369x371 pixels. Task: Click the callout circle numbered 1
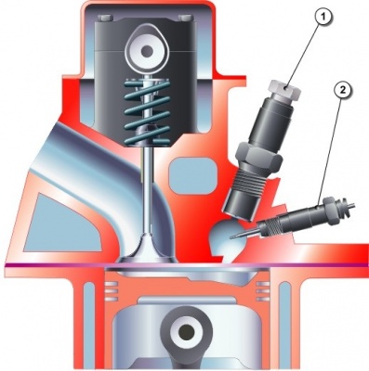coord(323,17)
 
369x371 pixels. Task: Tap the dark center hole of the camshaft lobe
coord(144,50)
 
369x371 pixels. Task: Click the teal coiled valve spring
coord(148,111)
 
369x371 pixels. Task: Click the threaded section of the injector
coord(250,183)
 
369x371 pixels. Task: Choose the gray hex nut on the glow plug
coord(332,211)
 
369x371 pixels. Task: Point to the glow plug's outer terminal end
coord(349,205)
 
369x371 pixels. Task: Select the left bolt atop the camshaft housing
coord(103,18)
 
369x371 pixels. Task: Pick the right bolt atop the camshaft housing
coord(186,18)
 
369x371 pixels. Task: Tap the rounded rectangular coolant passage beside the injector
coord(192,175)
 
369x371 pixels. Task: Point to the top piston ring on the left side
coord(112,284)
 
